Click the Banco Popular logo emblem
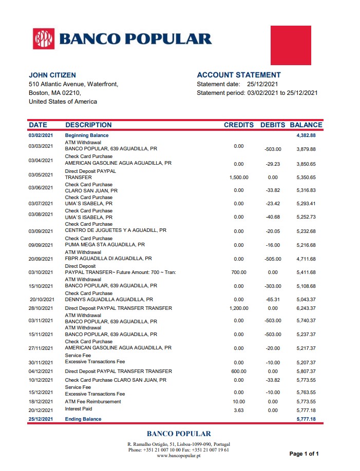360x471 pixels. coord(44,39)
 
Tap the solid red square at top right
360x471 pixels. coord(291,45)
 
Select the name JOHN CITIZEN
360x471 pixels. coord(52,75)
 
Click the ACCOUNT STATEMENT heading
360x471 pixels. coord(239,75)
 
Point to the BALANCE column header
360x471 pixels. coord(306,125)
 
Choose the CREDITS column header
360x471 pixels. coord(239,125)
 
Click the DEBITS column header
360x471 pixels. coord(273,125)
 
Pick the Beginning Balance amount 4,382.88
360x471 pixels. coord(306,135)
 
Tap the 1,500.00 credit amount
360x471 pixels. coord(239,178)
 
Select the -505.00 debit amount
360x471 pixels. coord(273,259)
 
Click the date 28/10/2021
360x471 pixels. coord(41,308)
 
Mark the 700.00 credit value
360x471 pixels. coord(239,272)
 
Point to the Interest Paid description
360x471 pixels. coord(79,409)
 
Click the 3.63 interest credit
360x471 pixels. coord(239,410)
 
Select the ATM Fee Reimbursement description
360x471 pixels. coord(93,401)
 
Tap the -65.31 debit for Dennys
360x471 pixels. coord(273,300)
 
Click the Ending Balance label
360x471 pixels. coord(83,419)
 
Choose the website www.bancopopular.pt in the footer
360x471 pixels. coord(179,456)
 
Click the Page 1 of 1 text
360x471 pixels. coord(304,454)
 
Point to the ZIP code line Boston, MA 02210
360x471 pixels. coord(54,93)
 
